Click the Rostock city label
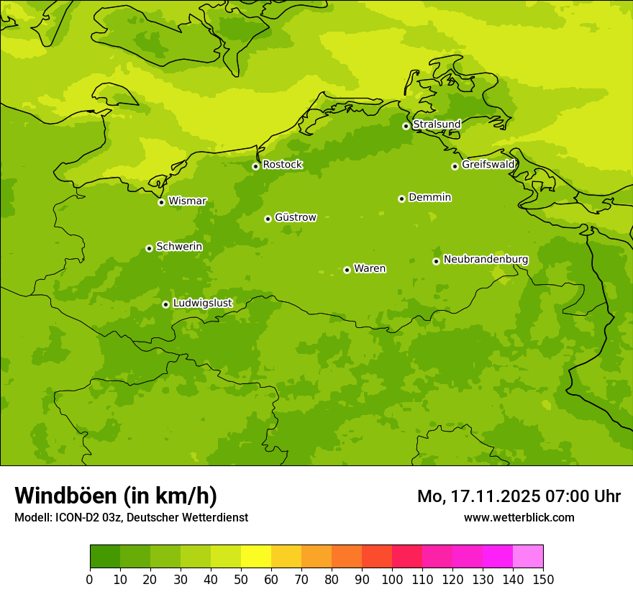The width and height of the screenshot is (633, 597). click(282, 165)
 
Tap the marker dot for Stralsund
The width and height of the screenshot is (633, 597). click(406, 126)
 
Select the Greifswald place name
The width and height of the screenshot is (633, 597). click(488, 165)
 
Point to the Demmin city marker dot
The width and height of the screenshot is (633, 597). click(401, 199)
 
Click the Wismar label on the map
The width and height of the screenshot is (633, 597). click(187, 201)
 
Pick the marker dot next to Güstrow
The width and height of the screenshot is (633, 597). click(268, 219)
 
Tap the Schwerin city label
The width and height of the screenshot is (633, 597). click(179, 247)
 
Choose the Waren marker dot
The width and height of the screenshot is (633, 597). click(347, 270)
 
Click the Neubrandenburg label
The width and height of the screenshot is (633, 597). click(486, 260)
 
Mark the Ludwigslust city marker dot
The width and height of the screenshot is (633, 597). click(165, 304)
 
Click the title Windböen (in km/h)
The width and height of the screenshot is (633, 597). click(116, 496)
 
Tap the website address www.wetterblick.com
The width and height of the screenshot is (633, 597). click(519, 517)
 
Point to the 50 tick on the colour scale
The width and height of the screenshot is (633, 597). click(241, 579)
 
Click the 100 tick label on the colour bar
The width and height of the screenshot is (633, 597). click(392, 579)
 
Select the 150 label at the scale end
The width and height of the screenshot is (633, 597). click(543, 579)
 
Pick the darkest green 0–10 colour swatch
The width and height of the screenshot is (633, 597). click(105, 557)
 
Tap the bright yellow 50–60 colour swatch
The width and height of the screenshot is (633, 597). click(256, 557)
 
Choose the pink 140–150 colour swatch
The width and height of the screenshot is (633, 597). click(528, 557)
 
